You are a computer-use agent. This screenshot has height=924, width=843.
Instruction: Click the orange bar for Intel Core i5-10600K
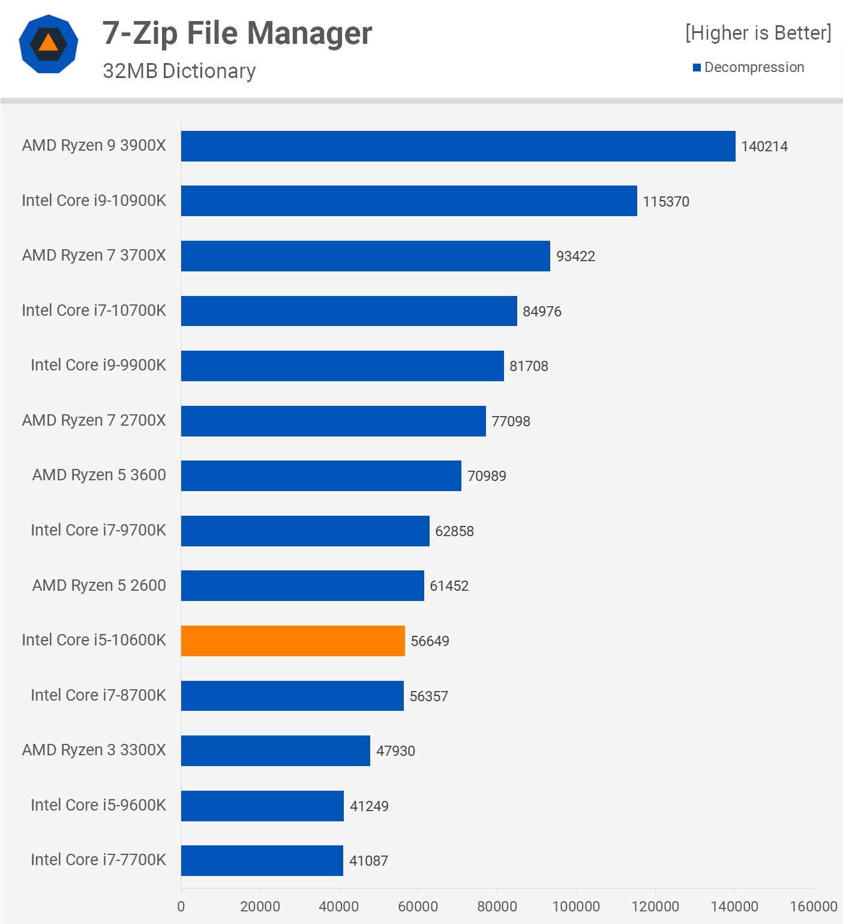pos(293,641)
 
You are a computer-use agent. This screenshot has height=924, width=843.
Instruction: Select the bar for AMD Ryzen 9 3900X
pos(458,146)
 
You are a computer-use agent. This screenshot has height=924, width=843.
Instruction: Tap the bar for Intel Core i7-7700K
pos(262,860)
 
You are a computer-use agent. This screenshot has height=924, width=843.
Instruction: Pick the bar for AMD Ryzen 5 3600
pos(321,476)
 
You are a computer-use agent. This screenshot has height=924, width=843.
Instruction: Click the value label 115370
pos(666,201)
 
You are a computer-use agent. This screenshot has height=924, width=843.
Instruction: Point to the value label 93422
pos(575,256)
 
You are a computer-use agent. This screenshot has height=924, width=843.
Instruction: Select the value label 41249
pos(369,806)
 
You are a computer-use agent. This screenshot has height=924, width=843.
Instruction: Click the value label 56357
pos(428,696)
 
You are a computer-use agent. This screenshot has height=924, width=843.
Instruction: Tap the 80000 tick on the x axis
pos(497,906)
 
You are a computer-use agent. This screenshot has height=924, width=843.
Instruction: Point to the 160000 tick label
pos(813,906)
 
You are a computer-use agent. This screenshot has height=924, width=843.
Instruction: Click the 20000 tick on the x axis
pos(260,906)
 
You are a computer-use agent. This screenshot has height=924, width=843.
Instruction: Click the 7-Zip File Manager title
pos(237,33)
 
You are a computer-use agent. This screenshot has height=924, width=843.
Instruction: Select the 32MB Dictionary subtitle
pos(179,71)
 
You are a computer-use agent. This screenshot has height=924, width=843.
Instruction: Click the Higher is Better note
pos(758,33)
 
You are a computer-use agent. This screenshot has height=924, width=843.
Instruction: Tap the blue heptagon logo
pos(49,44)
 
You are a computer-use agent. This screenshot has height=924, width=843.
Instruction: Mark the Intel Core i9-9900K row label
pos(98,365)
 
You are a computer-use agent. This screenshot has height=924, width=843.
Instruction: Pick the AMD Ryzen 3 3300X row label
pos(94,750)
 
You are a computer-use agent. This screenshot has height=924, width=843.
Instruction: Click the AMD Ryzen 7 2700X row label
pos(94,420)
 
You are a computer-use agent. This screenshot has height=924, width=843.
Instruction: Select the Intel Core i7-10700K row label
pos(94,310)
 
